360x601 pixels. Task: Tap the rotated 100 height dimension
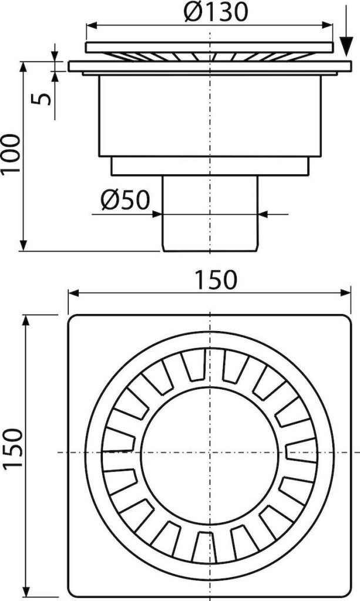11,153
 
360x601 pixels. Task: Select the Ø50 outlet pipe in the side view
210,213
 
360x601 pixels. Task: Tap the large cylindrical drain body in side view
210,116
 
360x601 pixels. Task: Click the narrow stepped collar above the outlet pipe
210,166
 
